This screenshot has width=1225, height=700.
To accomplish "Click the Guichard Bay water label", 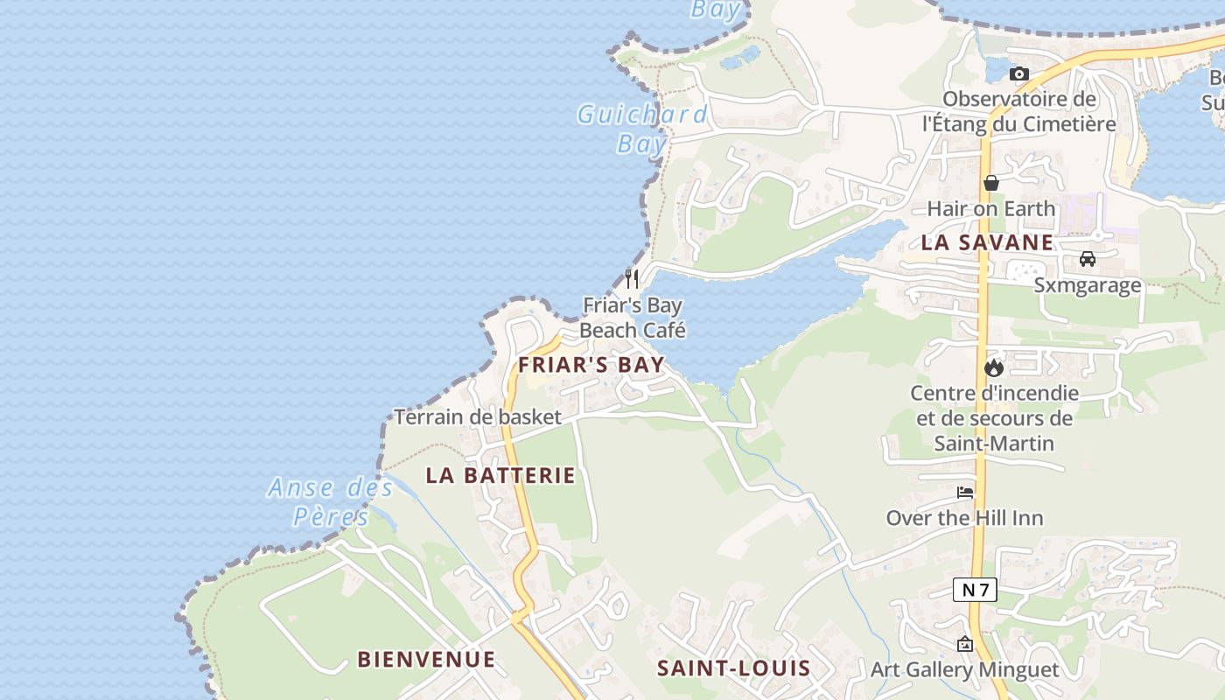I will (x=641, y=128).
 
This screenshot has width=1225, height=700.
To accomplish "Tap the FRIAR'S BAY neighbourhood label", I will (x=591, y=365).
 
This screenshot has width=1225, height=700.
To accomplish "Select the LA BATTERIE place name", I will (x=500, y=475).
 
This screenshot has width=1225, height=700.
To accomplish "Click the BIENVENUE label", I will (x=426, y=659).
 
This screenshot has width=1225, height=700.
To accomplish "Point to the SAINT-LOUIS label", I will (x=733, y=668).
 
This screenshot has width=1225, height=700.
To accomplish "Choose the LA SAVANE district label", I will (x=987, y=242).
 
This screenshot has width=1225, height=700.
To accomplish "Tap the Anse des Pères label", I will (x=331, y=501).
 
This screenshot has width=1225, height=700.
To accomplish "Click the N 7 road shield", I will (x=975, y=590).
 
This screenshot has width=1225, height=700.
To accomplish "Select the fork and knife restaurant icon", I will (x=632, y=278).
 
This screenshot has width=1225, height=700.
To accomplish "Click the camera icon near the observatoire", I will (x=1019, y=74).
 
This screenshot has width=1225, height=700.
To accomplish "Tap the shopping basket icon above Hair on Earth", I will (x=991, y=183).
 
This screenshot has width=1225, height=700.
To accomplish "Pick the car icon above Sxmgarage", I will (x=1088, y=259).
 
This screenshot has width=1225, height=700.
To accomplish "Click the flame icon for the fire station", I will (x=994, y=367).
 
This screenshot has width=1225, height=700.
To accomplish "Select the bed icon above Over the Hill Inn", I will (x=965, y=493).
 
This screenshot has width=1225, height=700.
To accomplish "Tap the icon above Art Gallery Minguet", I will (x=964, y=645).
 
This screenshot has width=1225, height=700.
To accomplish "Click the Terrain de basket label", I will (x=477, y=416).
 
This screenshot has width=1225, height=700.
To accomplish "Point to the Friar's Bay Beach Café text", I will (x=633, y=318).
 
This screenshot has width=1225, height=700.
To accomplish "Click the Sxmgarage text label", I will (x=1088, y=285).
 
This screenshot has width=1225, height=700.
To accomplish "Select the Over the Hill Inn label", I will (x=965, y=518).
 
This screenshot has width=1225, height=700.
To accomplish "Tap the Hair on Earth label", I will (x=991, y=208).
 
